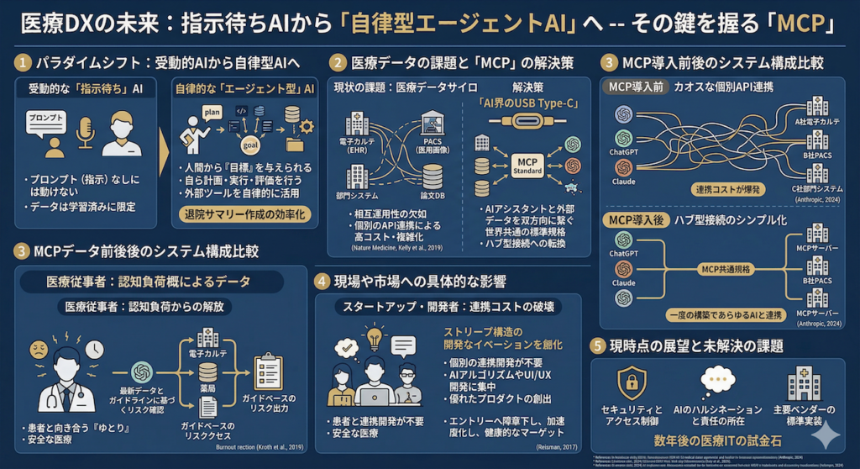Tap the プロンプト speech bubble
45,120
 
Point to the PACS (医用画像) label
433,145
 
